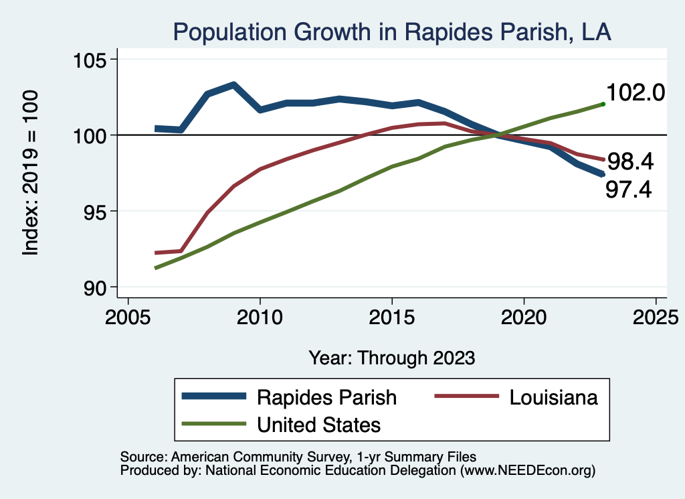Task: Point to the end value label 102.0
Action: pos(635,93)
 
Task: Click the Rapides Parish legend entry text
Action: pos(327,397)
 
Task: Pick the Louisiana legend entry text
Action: pos(553,397)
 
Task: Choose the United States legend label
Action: pos(319,425)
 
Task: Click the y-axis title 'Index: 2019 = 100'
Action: pos(31,173)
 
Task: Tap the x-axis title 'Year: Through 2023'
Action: pos(392,358)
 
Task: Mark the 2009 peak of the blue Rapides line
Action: pos(233,85)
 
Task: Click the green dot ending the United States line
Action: pos(603,104)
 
